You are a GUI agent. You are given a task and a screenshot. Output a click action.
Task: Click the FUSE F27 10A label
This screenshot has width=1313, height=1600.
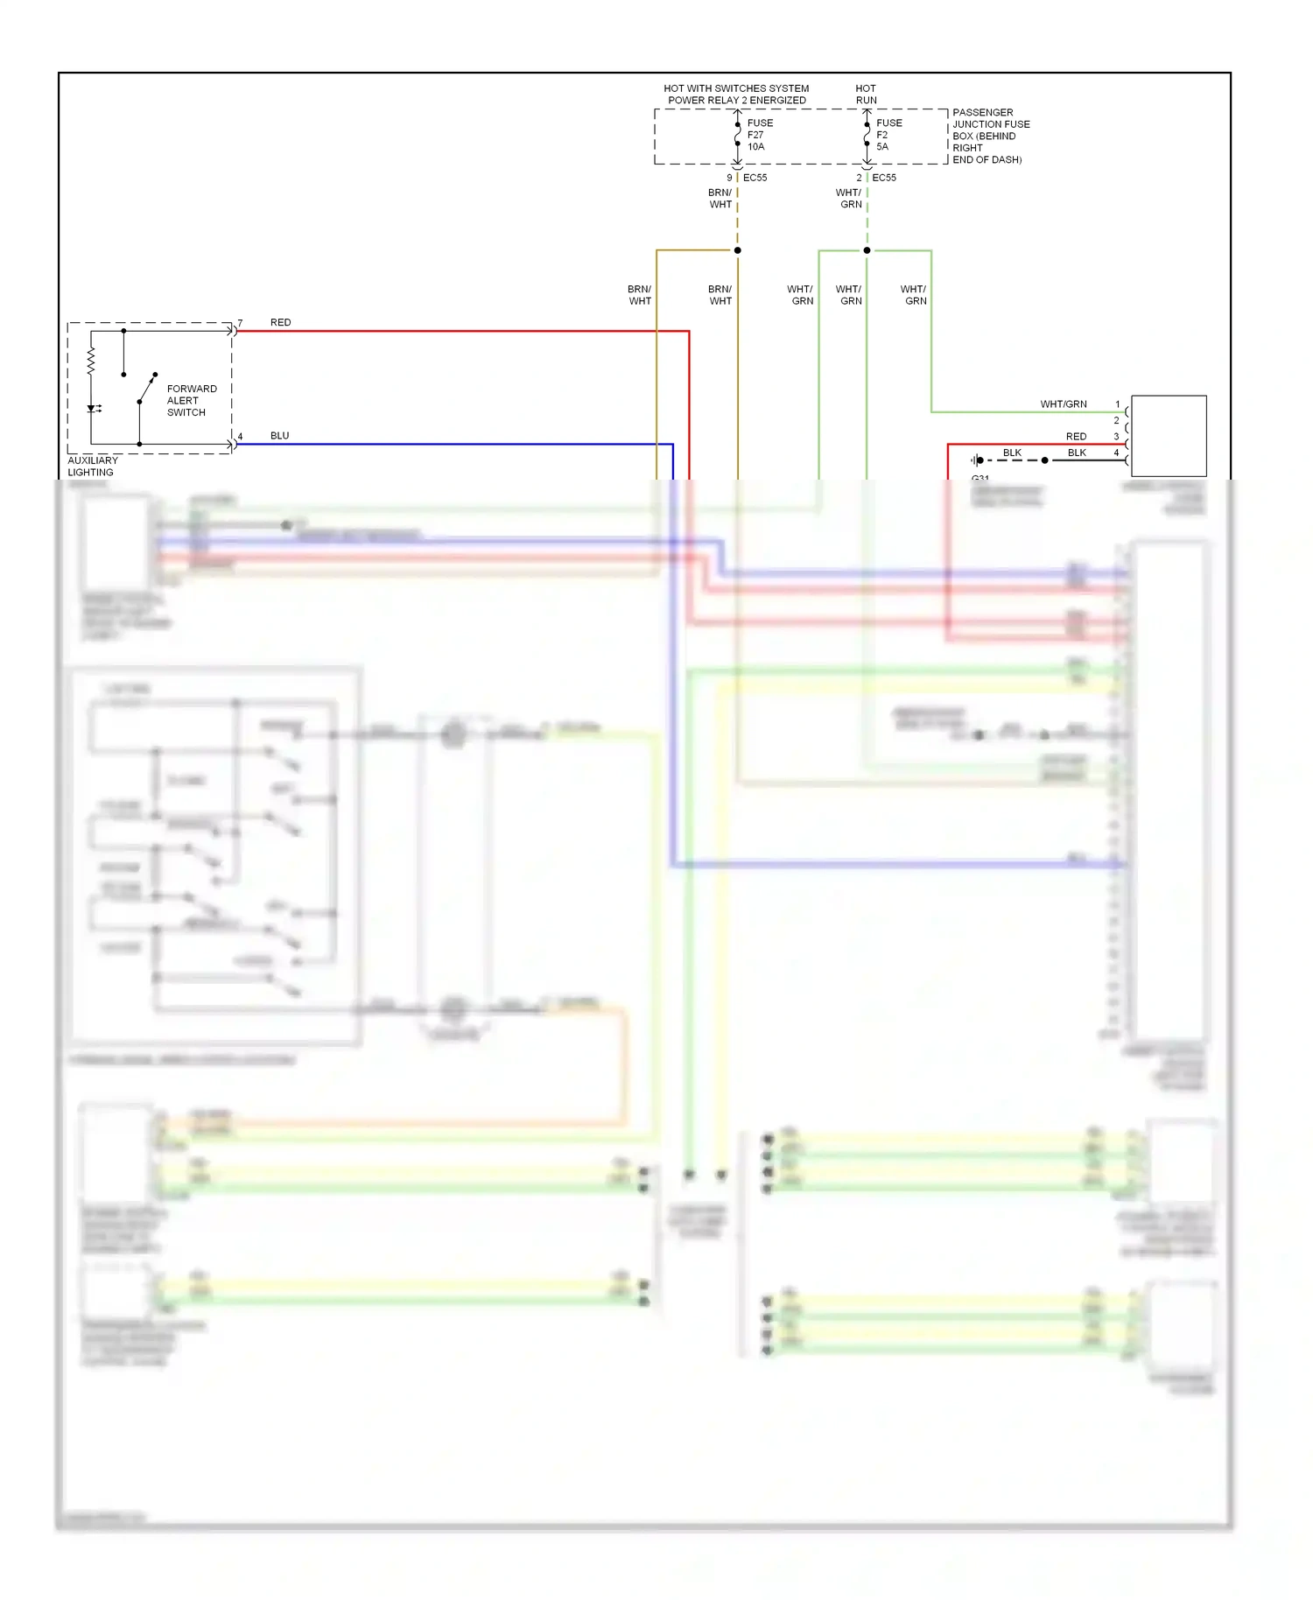[759, 135]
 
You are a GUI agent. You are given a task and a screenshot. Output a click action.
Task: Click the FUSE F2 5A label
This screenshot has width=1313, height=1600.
[888, 135]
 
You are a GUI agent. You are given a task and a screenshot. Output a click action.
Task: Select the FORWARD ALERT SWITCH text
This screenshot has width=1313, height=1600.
[191, 400]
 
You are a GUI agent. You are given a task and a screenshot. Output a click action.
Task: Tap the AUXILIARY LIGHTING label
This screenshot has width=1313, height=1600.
[92, 466]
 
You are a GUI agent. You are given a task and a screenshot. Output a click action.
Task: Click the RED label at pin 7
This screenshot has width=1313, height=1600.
[280, 322]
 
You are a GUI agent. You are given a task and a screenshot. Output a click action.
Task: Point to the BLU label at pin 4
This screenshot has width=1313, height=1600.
[279, 435]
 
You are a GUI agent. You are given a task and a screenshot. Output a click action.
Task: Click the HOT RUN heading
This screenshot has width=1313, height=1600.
[866, 94]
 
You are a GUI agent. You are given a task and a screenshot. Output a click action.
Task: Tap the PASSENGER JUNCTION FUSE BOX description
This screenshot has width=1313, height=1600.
[990, 136]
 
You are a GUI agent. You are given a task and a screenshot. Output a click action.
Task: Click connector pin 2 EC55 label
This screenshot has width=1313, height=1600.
[877, 178]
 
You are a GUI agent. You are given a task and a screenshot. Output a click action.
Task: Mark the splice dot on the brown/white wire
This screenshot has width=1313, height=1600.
[737, 250]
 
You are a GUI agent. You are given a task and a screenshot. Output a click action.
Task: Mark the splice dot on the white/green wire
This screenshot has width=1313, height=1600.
[867, 250]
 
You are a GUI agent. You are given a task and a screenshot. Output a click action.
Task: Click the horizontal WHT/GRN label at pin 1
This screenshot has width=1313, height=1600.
[1063, 404]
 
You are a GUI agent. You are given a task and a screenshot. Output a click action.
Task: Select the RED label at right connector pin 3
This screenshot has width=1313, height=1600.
[1076, 436]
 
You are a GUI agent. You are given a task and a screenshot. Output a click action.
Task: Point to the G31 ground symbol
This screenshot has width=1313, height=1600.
[978, 460]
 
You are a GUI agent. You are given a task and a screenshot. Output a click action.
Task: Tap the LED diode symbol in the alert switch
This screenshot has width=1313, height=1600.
[92, 408]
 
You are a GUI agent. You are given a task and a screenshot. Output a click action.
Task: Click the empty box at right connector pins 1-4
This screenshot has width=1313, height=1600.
[1168, 435]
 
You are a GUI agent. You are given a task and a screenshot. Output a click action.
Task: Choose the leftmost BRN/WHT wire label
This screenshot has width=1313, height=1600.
[640, 295]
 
